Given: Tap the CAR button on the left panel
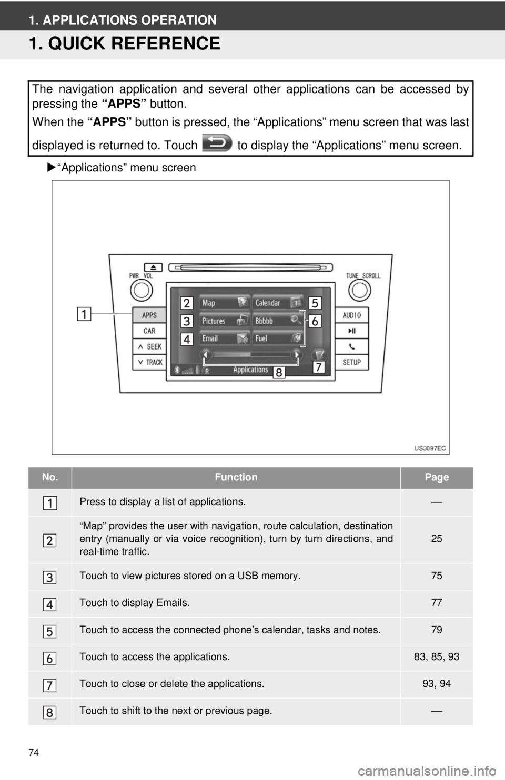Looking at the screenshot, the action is [149, 331].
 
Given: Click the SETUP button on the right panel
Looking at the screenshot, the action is [351, 362].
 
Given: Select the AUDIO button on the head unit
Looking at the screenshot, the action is [351, 315].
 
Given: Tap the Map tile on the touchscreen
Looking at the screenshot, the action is [225, 302].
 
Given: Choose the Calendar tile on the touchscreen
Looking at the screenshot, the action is [278, 302].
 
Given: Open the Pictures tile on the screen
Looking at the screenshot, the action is [225, 321].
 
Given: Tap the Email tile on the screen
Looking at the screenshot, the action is [225, 338].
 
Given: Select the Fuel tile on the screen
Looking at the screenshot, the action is [278, 338].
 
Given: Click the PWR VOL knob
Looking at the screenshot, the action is [142, 291].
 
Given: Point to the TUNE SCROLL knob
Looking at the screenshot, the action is [360, 291].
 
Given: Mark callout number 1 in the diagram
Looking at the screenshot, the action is [84, 314].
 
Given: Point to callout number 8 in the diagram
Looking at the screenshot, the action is [279, 373].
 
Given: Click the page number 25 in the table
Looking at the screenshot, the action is [437, 539].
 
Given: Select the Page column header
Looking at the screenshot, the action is [437, 477].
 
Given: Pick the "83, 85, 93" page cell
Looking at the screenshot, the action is [437, 656].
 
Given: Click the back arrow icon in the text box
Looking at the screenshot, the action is [217, 143].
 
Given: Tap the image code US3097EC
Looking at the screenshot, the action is [430, 448].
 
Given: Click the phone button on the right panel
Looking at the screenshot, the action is [351, 347].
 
